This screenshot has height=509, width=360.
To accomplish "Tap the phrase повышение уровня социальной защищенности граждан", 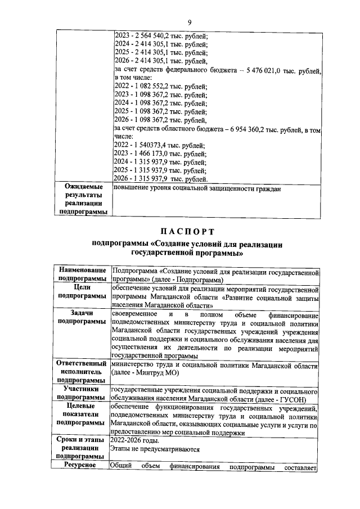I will (x=197, y=188).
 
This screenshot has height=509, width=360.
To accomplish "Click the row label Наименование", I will (x=83, y=271).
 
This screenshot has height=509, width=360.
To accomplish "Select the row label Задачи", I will (x=83, y=313).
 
